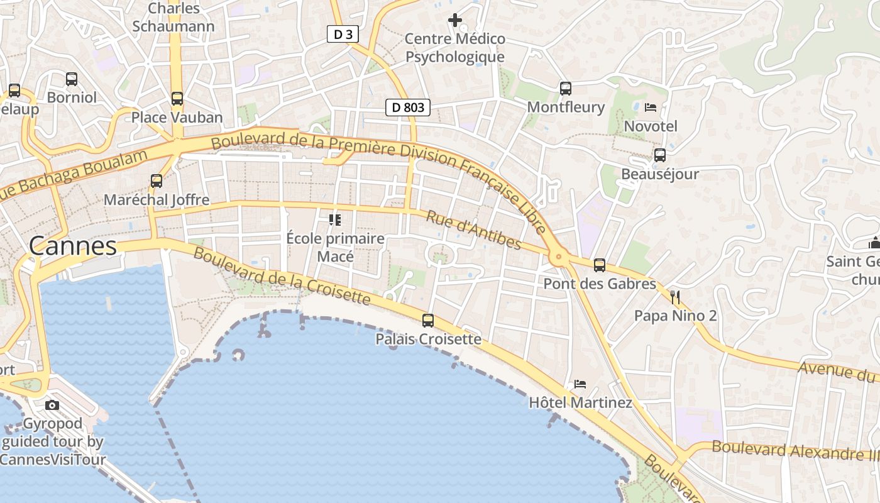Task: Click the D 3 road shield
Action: coord(343,34)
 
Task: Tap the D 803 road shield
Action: coord(407,108)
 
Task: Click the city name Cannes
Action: coord(73,246)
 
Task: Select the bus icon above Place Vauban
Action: coord(177,99)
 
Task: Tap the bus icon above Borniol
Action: coord(72,79)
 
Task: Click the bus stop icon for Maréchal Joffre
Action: coord(157,181)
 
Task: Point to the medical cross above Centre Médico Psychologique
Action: coord(454,20)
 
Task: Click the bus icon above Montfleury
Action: coord(566,89)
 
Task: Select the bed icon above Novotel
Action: coord(651,108)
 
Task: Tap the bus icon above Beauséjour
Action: coord(660,155)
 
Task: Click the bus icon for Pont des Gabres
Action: coord(600,265)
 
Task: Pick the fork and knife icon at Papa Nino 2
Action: coord(676,297)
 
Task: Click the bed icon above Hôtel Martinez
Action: coord(580,384)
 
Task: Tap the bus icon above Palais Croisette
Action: coord(428,321)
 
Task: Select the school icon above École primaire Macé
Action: coord(335,220)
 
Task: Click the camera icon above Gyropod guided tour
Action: coord(52,405)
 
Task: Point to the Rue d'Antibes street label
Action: coord(474,229)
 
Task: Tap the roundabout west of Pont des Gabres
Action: coord(558,257)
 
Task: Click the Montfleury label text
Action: coord(566,108)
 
